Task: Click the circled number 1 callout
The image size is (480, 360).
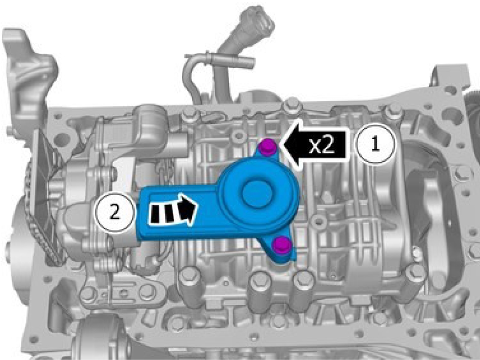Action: pyautogui.click(x=375, y=144)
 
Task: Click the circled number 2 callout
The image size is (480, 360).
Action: pyautogui.click(x=115, y=212)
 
